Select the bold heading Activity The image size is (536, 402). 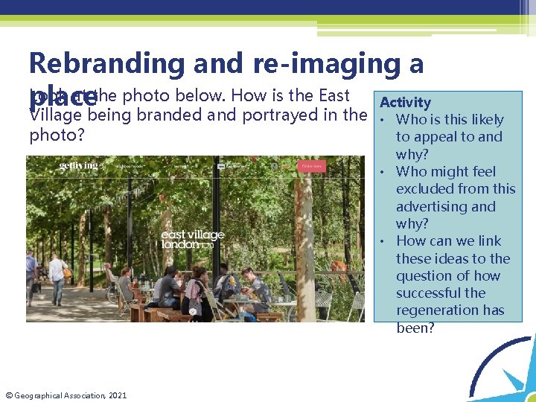click(x=405, y=103)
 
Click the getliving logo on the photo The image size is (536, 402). click(x=78, y=165)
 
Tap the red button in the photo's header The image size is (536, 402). click(x=311, y=166)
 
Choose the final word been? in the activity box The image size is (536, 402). click(x=415, y=328)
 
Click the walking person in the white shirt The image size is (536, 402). click(x=57, y=276)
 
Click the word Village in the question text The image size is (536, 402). click(x=53, y=115)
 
